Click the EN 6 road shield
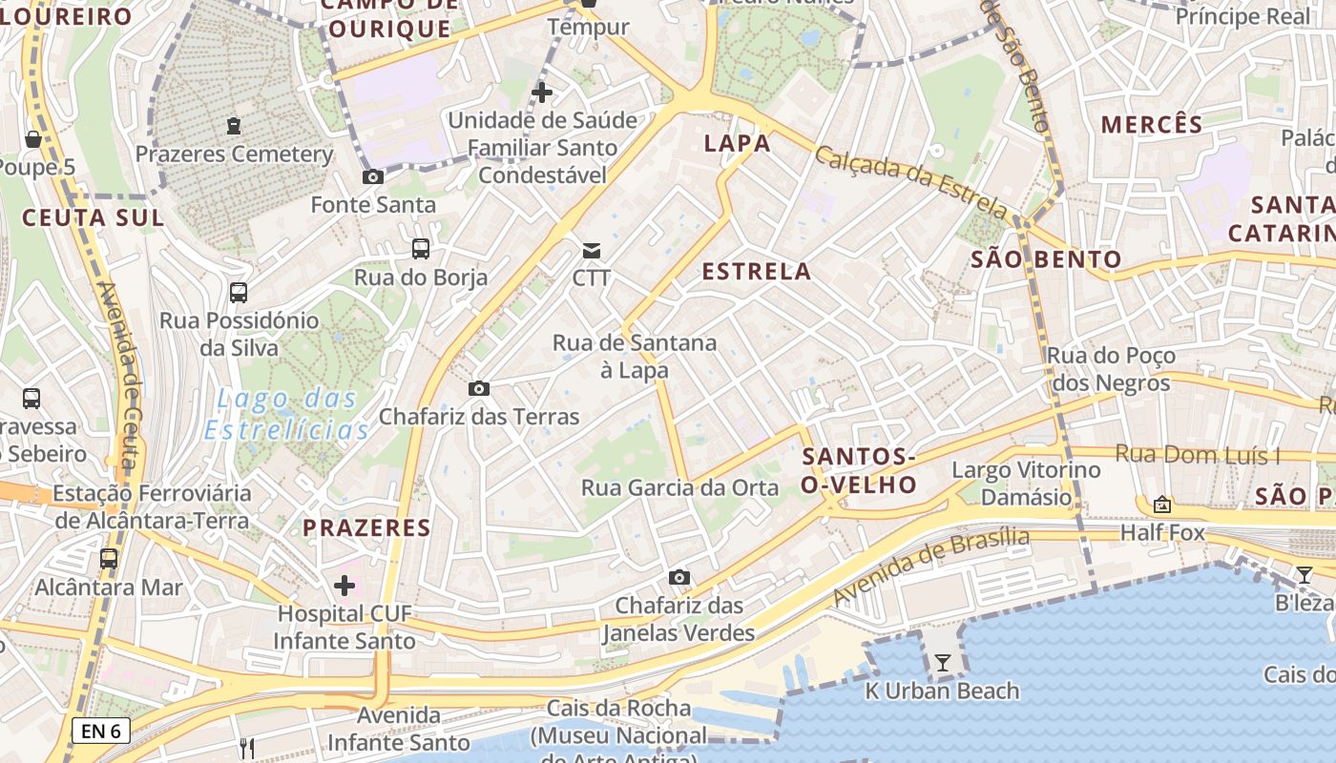(100, 732)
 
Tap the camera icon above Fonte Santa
(373, 176)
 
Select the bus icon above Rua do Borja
(420, 249)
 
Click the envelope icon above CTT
(592, 251)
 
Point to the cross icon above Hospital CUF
(344, 585)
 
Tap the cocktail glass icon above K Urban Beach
(943, 662)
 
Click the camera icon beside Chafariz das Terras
(479, 388)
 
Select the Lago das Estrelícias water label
(286, 414)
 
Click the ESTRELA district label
(757, 272)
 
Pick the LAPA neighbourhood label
(737, 144)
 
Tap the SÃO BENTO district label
(1046, 259)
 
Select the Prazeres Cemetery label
(234, 154)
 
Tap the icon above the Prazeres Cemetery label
(234, 125)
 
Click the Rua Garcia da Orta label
(679, 488)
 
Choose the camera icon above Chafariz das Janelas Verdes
(679, 577)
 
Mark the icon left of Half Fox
(1161, 504)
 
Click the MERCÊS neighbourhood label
(1152, 124)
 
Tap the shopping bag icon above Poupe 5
(32, 139)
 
